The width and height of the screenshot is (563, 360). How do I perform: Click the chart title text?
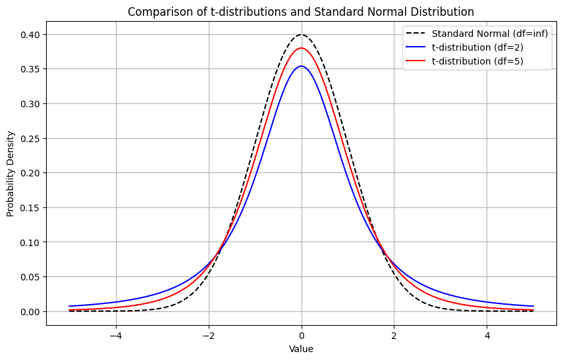(x=301, y=11)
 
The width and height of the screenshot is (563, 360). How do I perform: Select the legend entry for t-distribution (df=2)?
(x=477, y=47)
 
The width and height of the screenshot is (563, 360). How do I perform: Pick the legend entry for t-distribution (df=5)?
(x=477, y=62)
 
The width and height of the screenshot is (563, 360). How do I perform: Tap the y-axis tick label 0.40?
(x=31, y=35)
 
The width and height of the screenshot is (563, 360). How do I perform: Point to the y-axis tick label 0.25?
(x=31, y=139)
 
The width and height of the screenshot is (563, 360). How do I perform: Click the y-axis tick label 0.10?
(x=31, y=242)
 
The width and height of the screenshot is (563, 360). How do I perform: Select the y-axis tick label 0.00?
(x=31, y=311)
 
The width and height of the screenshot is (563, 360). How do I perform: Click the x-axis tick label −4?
(x=115, y=336)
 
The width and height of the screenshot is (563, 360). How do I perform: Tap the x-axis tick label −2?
(x=208, y=336)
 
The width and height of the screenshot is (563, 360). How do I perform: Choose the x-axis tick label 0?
(x=302, y=336)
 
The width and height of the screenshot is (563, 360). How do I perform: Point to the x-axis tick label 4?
(x=487, y=336)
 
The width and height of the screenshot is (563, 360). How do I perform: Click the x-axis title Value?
(x=301, y=349)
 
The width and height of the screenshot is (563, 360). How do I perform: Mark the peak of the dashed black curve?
(x=302, y=35)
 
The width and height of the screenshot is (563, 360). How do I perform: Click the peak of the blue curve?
(x=302, y=66)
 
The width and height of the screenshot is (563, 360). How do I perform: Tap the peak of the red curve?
(x=302, y=48)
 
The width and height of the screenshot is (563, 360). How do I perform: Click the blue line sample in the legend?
(x=417, y=47)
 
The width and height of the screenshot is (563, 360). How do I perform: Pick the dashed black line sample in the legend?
(x=417, y=34)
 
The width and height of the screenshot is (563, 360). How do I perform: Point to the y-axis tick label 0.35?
(x=31, y=69)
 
